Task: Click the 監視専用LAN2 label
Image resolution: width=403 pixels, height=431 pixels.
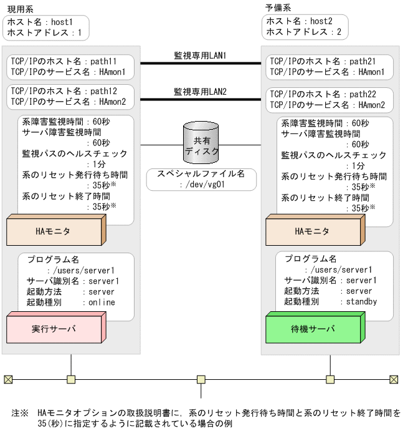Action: pos(200,92)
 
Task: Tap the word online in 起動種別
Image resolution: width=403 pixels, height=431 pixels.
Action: pos(101,302)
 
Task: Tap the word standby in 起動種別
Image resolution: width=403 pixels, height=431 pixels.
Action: pos(362,301)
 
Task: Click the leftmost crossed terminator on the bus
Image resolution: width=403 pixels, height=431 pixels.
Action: pos(7,379)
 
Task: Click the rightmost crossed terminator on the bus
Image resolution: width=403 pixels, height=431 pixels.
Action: pos(394,379)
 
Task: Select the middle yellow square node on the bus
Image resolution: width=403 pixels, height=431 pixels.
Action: pos(201,379)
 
